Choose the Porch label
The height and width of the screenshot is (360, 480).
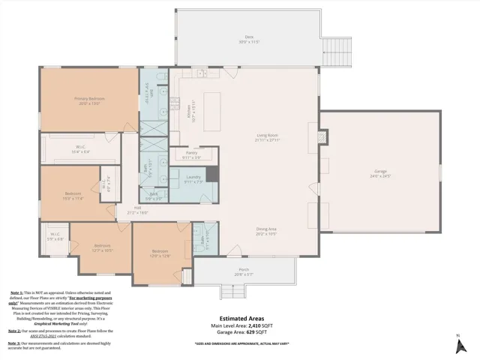[x=244, y=271]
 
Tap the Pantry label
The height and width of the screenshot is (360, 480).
[x=192, y=154]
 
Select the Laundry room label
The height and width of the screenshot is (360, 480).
[x=193, y=178]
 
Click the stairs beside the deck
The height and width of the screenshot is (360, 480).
[x=337, y=50]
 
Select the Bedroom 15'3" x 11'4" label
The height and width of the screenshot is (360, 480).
[x=73, y=196]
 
